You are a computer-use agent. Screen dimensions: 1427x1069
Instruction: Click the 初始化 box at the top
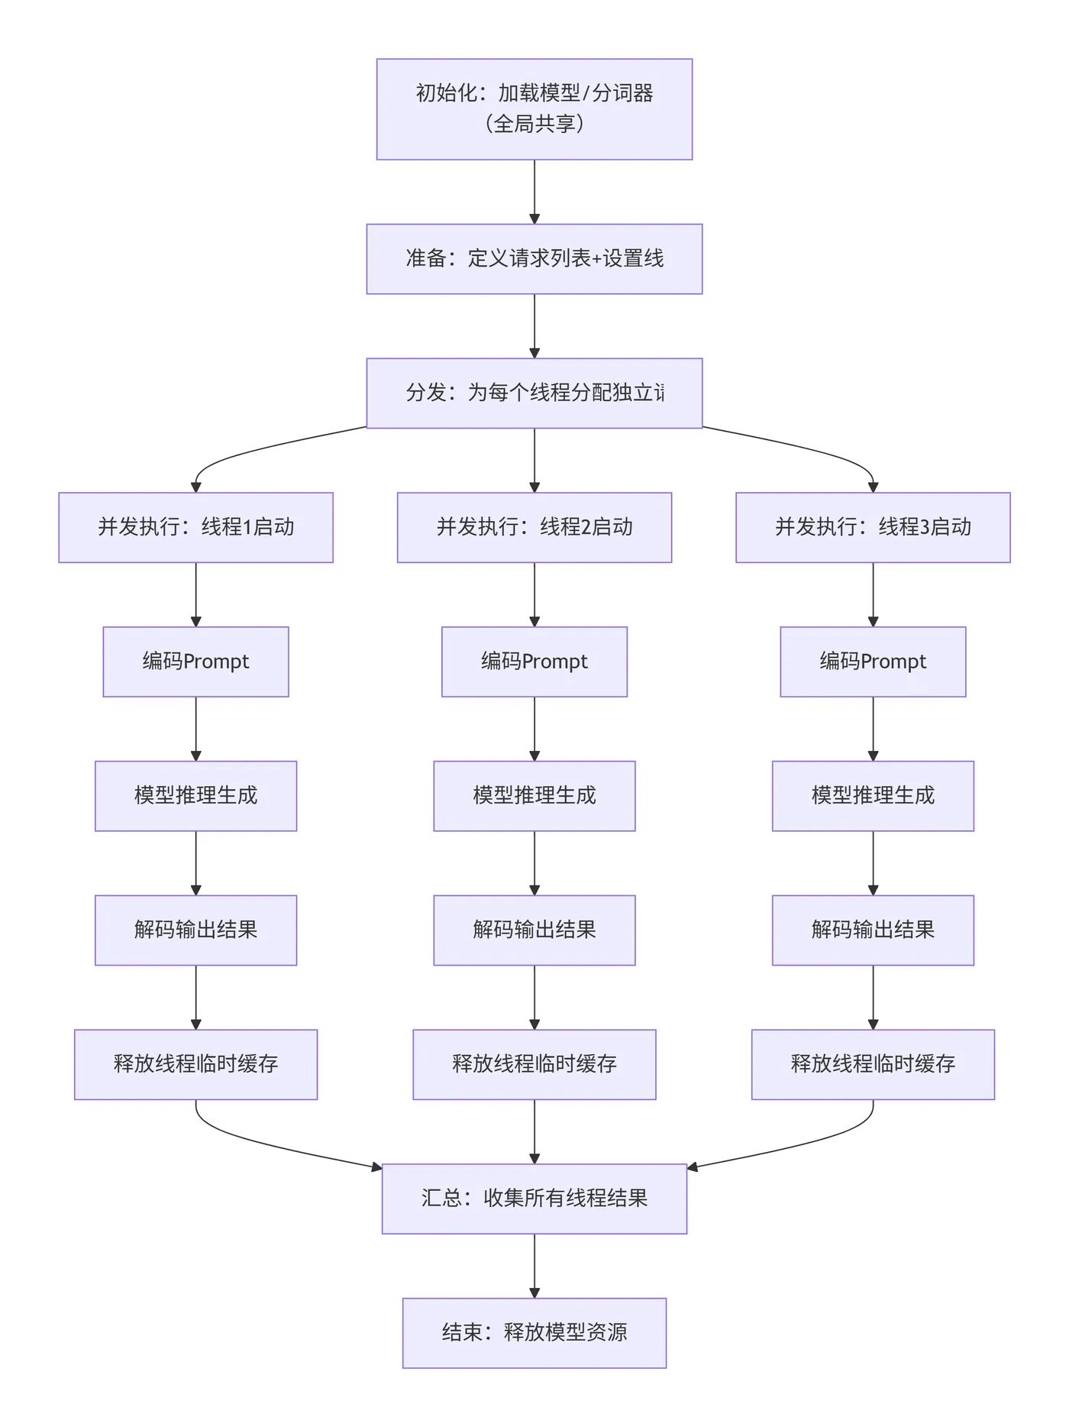534,109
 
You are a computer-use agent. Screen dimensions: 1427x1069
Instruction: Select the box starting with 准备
534,259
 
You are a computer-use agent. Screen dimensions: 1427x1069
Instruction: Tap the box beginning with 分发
534,393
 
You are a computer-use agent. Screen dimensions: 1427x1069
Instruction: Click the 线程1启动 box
195,528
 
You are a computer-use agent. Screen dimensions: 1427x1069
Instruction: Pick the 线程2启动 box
534,528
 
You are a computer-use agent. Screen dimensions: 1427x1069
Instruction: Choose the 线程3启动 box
873,528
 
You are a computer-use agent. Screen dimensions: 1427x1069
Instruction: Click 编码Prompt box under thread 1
195,662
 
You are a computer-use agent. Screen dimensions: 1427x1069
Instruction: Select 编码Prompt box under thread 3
873,662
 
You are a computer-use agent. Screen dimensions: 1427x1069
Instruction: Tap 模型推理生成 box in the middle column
534,796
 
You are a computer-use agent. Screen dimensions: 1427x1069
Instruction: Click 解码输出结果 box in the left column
195,930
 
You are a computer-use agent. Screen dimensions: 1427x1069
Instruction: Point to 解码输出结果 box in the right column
873,930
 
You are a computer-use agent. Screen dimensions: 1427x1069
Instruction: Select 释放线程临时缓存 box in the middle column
534,1065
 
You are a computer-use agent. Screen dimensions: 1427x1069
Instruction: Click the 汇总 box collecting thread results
534,1199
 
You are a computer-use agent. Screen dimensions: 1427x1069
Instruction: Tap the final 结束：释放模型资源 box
534,1333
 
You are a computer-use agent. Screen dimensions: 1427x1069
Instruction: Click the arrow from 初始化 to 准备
534,191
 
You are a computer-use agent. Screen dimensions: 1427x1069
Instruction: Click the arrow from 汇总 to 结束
534,1265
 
